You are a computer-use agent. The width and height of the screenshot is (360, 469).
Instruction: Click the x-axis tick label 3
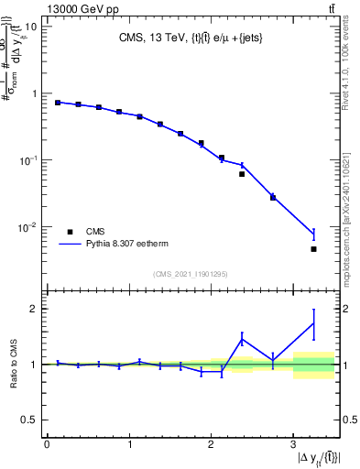pos(293,445)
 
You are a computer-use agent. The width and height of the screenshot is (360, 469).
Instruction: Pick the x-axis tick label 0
pos(47,445)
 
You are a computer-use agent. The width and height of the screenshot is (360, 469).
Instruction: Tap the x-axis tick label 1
pos(129,445)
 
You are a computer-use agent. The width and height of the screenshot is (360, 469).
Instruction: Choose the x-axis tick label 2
pos(211,445)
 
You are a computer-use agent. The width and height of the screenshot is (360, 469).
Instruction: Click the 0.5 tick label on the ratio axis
pos(27,420)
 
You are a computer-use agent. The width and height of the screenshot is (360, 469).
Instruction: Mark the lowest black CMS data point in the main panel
pos(313,249)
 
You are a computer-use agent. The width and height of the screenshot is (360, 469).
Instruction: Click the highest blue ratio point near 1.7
pos(313,323)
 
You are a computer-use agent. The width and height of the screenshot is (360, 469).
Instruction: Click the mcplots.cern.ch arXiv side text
pos(349,211)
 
